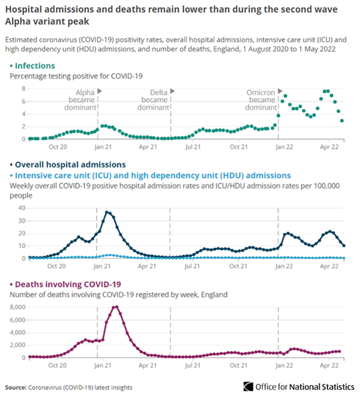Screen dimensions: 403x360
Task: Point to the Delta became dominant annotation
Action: [153, 100]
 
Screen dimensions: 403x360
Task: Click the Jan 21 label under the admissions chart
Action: [103, 265]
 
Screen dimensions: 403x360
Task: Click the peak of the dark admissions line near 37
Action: [107, 212]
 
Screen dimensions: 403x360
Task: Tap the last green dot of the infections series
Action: [342, 121]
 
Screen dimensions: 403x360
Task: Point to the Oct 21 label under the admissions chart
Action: [239, 265]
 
